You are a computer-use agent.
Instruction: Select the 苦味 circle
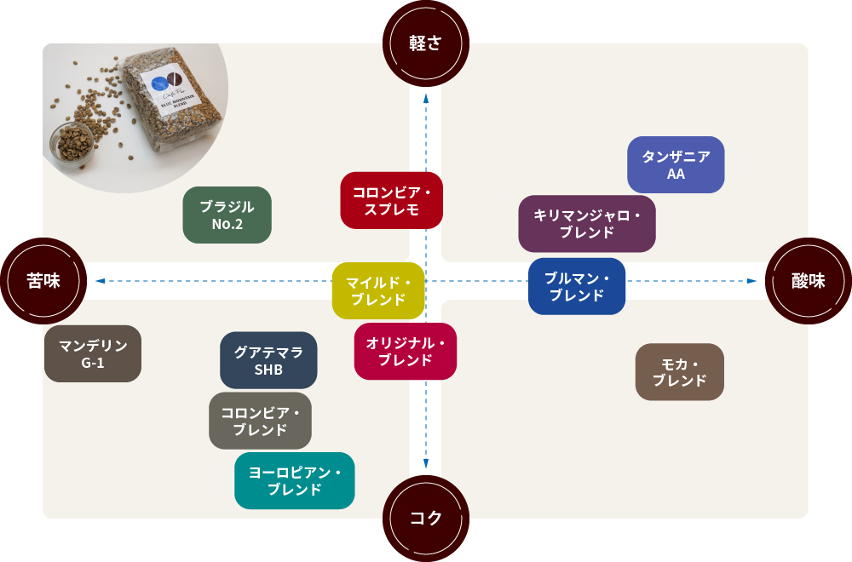click(43, 281)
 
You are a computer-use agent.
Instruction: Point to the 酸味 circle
click(809, 281)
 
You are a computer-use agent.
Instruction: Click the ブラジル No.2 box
click(227, 215)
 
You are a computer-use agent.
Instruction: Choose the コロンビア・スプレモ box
click(391, 201)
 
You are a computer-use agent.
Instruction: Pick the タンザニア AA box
click(676, 164)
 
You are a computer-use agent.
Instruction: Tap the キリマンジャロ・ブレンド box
click(587, 223)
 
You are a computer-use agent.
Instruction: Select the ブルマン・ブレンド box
click(577, 286)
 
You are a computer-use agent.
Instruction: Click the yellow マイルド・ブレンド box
click(378, 290)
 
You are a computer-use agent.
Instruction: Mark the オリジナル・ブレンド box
click(406, 351)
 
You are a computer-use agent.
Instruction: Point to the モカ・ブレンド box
click(680, 372)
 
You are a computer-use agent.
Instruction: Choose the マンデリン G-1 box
click(93, 353)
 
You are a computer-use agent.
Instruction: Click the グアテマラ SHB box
click(268, 360)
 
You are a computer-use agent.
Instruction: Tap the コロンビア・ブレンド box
click(260, 421)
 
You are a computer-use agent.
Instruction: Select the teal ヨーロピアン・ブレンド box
click(294, 481)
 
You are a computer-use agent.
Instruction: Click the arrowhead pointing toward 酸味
click(751, 281)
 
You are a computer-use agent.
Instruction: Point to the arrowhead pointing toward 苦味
click(100, 281)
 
